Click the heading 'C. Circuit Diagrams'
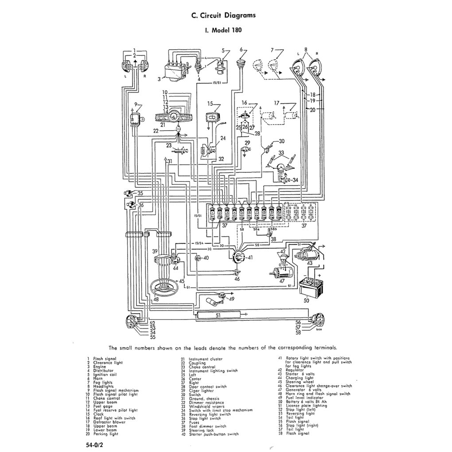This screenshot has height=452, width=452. click(x=223, y=16)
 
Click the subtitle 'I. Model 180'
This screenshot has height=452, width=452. click(x=223, y=31)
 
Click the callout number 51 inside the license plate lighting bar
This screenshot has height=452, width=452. click(x=218, y=315)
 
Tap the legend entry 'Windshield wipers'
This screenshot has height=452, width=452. click(x=206, y=406)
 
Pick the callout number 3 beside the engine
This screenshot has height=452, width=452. click(x=159, y=79)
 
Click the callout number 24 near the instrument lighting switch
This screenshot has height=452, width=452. click(x=223, y=138)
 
